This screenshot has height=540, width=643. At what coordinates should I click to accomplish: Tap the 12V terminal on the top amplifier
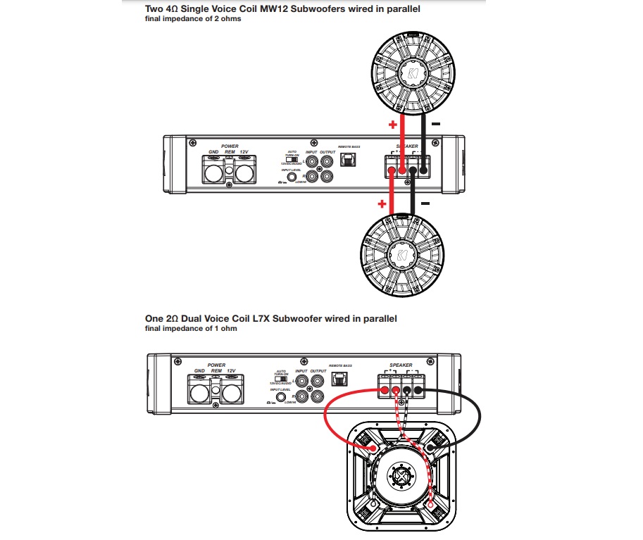pos(244,170)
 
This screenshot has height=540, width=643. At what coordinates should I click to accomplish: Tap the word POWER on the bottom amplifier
pos(216,365)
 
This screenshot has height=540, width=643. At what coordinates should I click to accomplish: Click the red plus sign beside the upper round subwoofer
pos(392,125)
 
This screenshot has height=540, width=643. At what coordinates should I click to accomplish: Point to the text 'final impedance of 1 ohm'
pos(190,329)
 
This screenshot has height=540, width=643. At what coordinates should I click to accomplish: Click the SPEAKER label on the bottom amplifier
pos(401,365)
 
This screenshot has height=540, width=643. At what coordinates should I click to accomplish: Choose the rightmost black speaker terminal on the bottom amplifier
pos(418,390)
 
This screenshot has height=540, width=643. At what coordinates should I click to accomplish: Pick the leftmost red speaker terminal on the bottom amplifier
pos(385,390)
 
